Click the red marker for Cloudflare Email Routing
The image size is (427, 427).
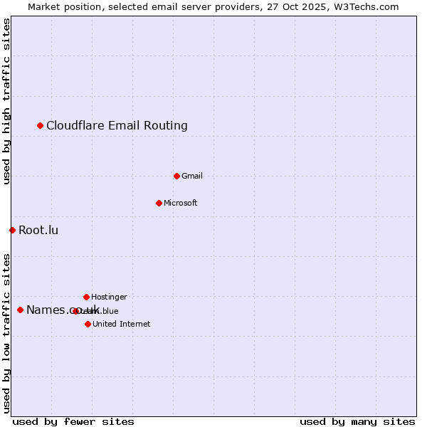point(41,126)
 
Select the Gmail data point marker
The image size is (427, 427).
point(176,176)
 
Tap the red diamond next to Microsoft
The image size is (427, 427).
point(159,203)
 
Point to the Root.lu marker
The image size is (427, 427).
point(12,230)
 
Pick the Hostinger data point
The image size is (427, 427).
point(86,297)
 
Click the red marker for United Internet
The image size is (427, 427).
point(88,324)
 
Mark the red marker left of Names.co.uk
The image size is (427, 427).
point(20,310)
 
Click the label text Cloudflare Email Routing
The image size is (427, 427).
point(117,126)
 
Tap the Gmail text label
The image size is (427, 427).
point(192,176)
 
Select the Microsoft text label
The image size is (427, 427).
point(181,203)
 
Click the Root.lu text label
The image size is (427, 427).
point(38,230)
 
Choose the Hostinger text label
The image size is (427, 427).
point(109,297)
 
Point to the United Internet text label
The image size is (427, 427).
point(121,324)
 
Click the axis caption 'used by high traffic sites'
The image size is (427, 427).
point(6,102)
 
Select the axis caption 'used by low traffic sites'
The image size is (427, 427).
point(6,333)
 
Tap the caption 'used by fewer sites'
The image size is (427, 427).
point(73,421)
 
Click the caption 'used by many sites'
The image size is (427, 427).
point(357,421)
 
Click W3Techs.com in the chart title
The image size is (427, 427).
point(368,6)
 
